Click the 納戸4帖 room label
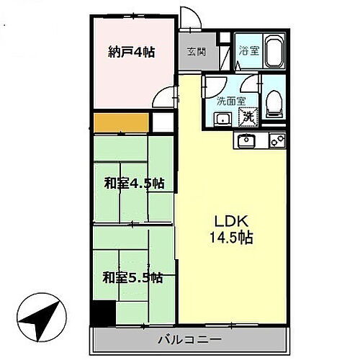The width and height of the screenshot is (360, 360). click(132, 52)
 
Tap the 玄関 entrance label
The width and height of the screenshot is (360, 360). click(195, 52)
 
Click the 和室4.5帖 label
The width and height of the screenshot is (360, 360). click(132, 184)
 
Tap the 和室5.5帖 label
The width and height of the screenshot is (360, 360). click(132, 277)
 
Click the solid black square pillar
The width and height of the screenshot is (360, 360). click(103, 312)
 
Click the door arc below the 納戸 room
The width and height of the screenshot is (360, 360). click(166, 96)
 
